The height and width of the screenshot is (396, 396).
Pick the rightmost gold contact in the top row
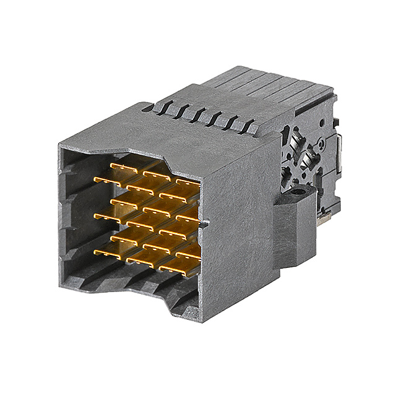click(187, 182)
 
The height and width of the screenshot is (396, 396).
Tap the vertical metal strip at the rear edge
click(338, 155)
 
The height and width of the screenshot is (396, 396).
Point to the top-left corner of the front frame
click(61, 145)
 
